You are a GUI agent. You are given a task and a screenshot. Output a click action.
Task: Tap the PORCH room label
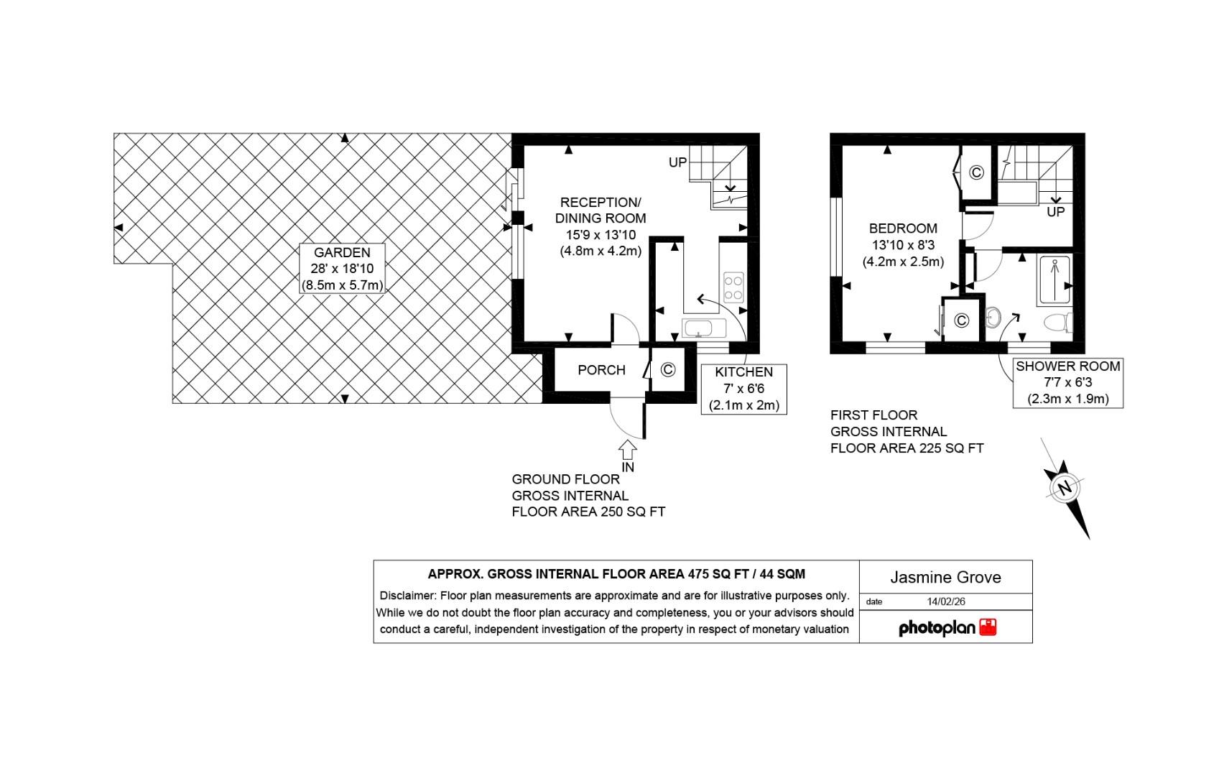(601, 370)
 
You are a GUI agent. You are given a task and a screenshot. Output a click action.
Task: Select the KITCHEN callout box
(743, 389)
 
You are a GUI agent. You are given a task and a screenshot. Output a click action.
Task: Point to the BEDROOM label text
(903, 228)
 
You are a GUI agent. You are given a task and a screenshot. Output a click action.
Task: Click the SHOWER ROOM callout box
(1067, 382)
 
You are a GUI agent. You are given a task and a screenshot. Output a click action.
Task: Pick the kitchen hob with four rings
(733, 287)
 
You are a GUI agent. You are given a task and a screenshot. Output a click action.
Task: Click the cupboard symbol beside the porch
(667, 370)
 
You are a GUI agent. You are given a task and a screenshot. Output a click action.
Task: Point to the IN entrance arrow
(627, 451)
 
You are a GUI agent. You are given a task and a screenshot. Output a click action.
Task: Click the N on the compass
(1065, 488)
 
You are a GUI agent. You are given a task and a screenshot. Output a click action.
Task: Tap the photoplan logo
(947, 628)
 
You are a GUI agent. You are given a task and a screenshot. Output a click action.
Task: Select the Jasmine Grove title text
(945, 578)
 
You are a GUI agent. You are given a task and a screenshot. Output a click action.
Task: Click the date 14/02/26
(946, 601)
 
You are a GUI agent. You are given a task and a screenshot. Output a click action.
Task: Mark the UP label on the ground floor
(677, 162)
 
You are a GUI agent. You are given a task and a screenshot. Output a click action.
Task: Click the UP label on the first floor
(1055, 212)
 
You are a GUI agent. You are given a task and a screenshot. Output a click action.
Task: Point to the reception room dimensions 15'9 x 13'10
(601, 235)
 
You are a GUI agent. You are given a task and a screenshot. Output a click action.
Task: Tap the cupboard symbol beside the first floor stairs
(976, 172)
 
